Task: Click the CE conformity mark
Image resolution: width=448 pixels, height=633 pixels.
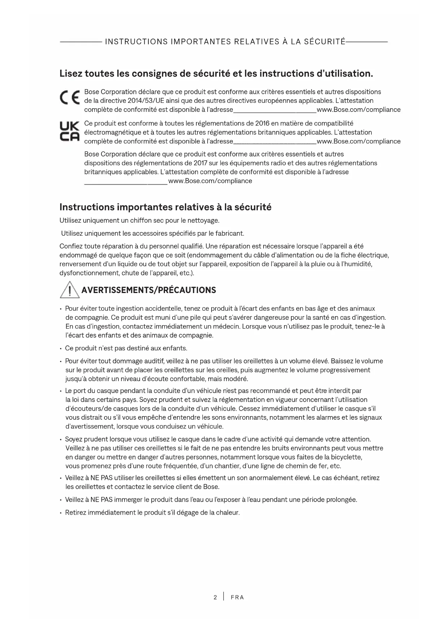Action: tap(70, 96)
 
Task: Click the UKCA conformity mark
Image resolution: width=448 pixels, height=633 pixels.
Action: tap(69, 131)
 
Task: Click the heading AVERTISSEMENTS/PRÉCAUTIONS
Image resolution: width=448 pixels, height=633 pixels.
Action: tap(149, 291)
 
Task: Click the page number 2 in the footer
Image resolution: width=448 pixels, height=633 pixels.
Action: tap(215, 597)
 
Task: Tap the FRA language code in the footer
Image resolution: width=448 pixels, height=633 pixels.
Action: tap(237, 597)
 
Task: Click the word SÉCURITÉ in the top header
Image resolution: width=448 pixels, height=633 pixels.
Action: tap(325, 42)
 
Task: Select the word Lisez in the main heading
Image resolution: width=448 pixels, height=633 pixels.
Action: tap(70, 74)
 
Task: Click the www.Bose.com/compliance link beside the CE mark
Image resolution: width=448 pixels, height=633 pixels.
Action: tap(358, 110)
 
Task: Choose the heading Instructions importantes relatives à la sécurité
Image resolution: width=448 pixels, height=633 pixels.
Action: tap(165, 208)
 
